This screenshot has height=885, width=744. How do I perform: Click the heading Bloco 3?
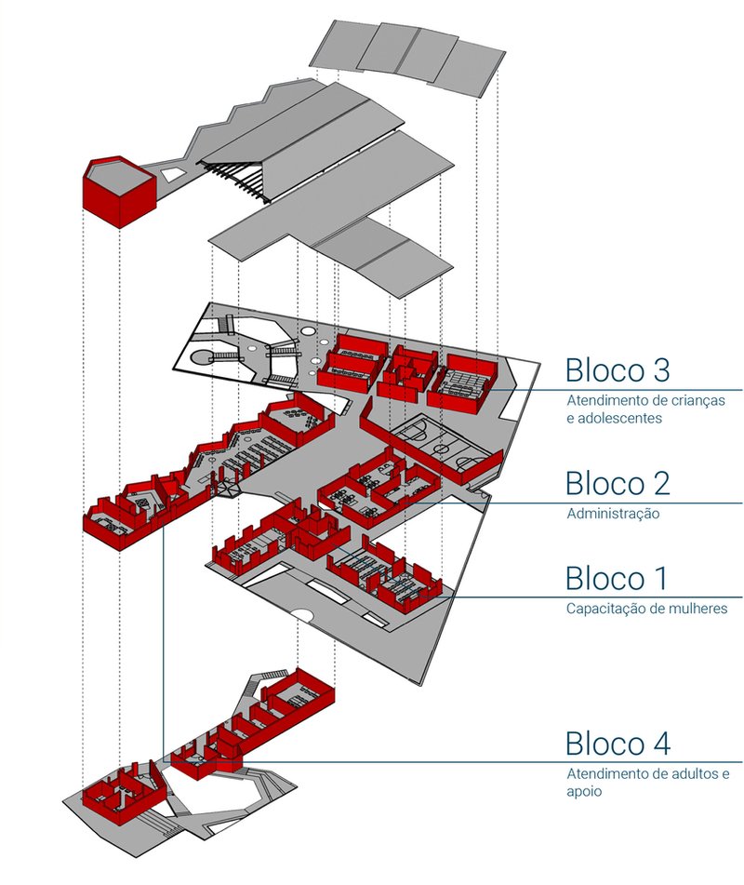[617, 369]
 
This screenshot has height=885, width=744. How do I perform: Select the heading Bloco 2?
[617, 484]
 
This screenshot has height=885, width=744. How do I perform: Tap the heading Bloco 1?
[617, 578]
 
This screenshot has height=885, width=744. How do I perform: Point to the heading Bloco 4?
[617, 744]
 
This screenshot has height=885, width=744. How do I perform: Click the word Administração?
[612, 514]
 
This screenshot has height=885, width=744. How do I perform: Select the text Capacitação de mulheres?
[646, 609]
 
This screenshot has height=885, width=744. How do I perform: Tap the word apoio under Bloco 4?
[584, 792]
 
